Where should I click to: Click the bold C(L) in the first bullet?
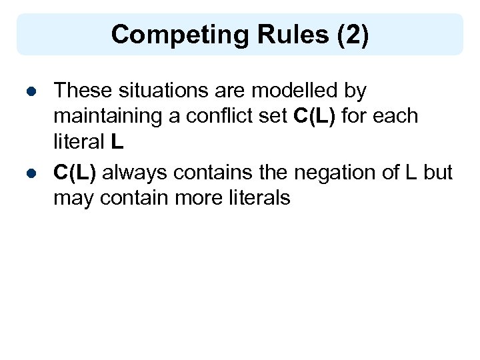click(316, 116)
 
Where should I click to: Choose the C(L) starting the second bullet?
click(75, 172)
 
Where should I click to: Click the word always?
click(135, 172)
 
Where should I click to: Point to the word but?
click(438, 172)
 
